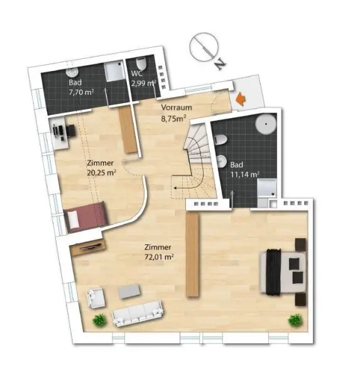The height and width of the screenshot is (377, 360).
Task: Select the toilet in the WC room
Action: (x=141, y=65)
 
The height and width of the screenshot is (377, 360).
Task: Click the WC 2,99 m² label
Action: (x=143, y=78)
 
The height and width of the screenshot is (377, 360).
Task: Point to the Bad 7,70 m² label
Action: (x=81, y=86)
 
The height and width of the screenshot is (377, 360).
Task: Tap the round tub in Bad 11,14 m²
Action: (x=265, y=124)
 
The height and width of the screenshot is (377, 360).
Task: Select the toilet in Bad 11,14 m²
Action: (x=221, y=161)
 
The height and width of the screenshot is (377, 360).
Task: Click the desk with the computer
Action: (x=63, y=133)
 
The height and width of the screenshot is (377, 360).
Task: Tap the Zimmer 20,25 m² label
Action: (x=101, y=167)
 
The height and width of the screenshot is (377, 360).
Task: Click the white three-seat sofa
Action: (x=137, y=313)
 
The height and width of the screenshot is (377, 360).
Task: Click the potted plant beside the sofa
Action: (x=98, y=320)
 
